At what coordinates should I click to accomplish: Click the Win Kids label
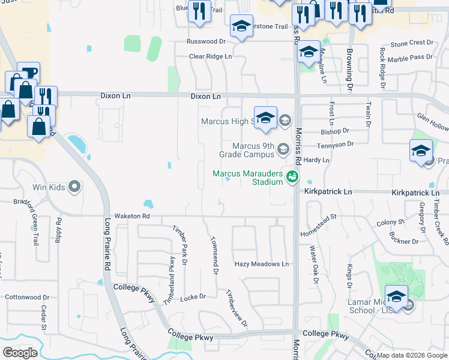coord(48,188)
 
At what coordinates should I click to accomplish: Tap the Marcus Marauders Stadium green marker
coord(292,176)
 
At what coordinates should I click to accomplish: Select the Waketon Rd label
coord(128,216)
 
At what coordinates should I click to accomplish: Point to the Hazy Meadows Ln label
coord(261,264)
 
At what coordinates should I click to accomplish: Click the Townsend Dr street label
coord(212,256)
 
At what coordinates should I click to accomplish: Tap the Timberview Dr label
coord(237,308)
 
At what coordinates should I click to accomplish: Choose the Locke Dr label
coord(193,297)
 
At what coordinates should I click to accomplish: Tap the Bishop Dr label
coord(335,131)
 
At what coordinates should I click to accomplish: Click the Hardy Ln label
coord(316,161)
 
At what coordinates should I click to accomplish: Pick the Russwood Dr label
coord(205,42)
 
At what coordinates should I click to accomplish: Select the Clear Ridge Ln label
coord(210,56)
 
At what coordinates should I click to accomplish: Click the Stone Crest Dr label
coord(411,43)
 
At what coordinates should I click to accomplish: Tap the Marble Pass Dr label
coord(410,58)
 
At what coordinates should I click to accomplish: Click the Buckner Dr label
coord(403,241)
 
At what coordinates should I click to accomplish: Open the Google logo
coord(20,353)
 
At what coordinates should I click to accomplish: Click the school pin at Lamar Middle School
coord(396,296)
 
